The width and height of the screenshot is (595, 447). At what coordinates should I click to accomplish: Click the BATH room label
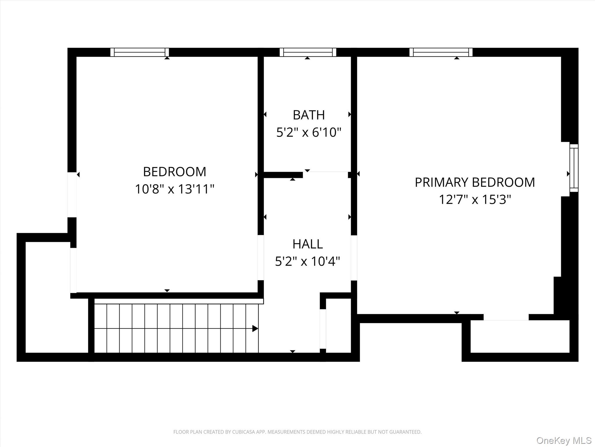coord(309,115)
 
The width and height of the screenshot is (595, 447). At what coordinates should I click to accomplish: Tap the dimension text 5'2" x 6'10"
coord(309,132)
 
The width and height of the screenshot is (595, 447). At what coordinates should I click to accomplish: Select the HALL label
coord(308,244)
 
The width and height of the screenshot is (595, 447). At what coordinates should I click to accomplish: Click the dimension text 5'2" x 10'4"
coord(308,261)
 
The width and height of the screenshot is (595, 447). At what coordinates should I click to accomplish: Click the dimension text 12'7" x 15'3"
coord(475,200)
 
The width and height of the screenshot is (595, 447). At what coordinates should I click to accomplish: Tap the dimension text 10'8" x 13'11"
coord(175,189)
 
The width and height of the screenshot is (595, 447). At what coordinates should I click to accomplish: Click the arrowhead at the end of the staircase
coord(255,329)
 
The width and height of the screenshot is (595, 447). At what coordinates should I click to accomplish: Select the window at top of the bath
coord(308,52)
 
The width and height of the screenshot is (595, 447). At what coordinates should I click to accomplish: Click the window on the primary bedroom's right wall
coord(574,168)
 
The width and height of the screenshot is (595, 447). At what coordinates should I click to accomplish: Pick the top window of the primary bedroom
coord(441,52)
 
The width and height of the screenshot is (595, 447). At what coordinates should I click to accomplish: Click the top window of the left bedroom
coord(139,52)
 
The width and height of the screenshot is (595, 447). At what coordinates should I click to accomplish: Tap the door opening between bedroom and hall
coord(261,258)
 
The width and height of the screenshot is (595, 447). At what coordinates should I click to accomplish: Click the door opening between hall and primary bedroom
coord(354,258)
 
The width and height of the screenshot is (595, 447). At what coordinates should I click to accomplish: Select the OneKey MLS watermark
coord(564,440)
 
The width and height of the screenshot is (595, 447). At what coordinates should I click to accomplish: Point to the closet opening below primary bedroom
coord(506,317)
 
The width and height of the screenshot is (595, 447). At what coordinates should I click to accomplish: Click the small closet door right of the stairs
coord(323,329)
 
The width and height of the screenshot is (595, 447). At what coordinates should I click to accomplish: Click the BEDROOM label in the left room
coord(175,172)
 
